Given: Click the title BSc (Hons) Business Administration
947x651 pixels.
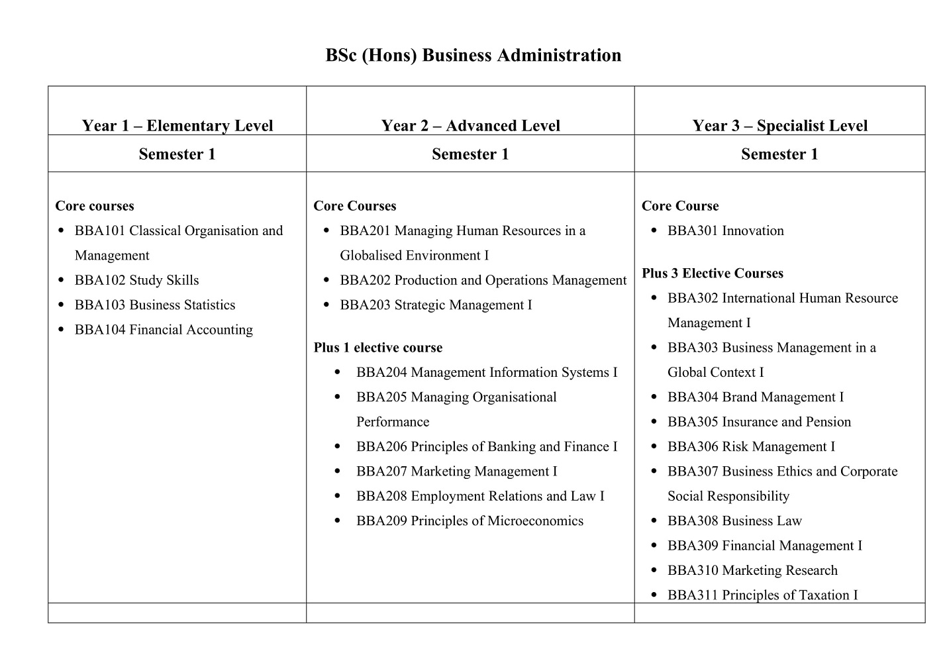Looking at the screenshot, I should [473, 55].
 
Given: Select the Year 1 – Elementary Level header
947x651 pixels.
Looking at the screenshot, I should [177, 125].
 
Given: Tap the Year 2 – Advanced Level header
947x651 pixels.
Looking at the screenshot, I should [470, 125].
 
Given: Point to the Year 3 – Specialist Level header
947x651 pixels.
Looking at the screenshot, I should [779, 125].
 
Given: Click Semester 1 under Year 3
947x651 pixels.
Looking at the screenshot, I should [779, 154].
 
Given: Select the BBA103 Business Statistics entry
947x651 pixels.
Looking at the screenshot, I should [155, 305].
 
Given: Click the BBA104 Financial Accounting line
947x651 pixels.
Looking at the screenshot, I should [164, 330].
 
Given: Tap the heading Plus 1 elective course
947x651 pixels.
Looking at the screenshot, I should [377, 348].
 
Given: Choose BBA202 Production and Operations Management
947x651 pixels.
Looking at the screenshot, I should [483, 280].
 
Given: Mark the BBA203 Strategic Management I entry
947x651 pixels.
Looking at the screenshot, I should [436, 305].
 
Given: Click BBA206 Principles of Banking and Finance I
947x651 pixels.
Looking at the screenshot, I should [486, 447].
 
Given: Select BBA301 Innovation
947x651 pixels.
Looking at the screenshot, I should [725, 231].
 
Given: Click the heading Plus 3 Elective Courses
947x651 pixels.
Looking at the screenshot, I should [712, 274].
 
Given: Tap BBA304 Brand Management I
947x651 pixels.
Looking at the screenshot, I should [755, 397].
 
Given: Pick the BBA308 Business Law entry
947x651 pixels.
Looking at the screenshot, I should [734, 521].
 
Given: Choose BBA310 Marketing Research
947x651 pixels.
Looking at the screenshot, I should [752, 571].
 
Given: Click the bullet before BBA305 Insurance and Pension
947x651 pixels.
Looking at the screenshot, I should [654, 422].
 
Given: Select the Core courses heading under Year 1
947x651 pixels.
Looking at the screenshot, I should [95, 206].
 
